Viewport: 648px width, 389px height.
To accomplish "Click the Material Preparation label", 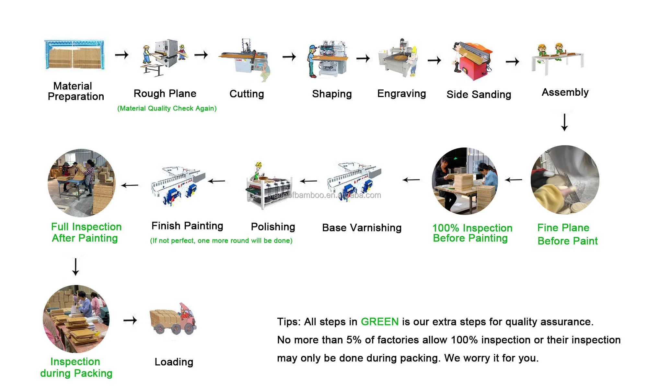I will tap(75, 91).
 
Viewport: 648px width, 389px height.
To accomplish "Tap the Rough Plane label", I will tap(165, 94).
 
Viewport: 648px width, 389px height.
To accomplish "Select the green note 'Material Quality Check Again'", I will tap(167, 108).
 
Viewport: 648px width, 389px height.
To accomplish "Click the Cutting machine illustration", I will tap(246, 60).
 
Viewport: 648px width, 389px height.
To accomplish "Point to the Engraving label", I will tap(401, 94).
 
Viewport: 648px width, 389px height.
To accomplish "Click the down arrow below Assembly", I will tap(564, 122).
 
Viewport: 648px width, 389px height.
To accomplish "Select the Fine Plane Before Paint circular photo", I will tap(565, 180).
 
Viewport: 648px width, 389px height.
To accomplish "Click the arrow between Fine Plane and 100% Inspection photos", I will tap(514, 180).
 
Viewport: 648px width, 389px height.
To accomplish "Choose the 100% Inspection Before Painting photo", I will tap(465, 181).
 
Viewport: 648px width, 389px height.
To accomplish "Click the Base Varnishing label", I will tap(362, 228).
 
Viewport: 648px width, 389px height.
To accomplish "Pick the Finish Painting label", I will tap(187, 226).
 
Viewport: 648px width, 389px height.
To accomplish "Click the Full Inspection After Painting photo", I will tap(81, 183).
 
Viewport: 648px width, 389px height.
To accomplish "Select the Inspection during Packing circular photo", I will tap(76, 319).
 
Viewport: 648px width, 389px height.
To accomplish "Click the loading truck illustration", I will tap(173, 319).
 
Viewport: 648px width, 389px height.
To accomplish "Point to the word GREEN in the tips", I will tap(379, 322).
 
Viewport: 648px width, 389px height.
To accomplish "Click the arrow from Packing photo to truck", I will tap(130, 321).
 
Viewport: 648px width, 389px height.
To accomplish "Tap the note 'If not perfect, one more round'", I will tap(221, 241).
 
